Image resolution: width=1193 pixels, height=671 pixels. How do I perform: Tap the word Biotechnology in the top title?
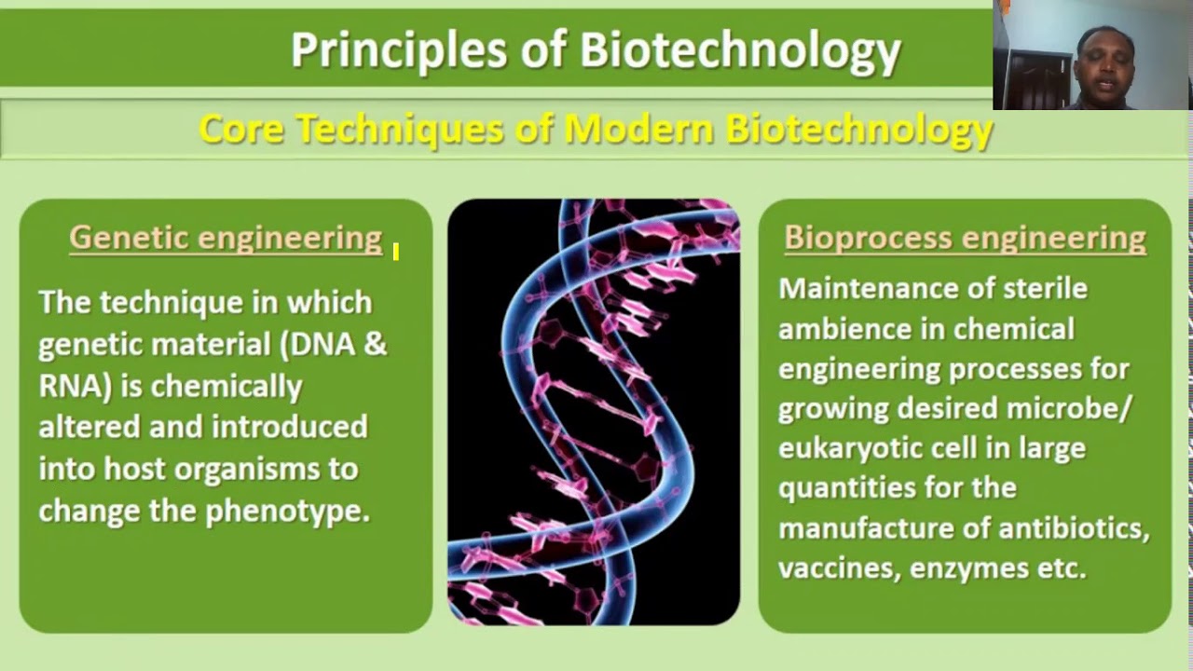click(741, 50)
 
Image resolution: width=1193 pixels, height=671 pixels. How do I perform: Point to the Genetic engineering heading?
click(226, 238)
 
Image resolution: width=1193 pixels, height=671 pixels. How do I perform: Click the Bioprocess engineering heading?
click(965, 238)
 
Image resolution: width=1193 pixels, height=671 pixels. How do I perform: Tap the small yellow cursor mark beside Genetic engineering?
click(396, 252)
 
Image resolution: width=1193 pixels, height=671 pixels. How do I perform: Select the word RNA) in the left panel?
click(75, 386)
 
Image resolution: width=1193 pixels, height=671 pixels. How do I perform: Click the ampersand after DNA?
click(375, 344)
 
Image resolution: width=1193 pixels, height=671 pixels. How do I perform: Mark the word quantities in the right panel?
click(844, 487)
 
